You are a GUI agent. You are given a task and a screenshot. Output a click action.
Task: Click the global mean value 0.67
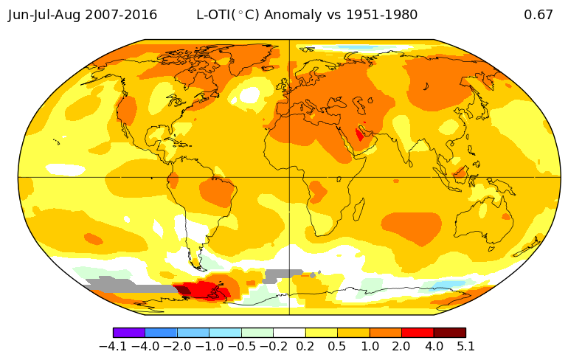point(538,15)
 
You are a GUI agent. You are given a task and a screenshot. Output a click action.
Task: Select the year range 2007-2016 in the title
point(121,15)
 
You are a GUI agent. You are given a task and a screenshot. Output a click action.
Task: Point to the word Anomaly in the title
point(292,15)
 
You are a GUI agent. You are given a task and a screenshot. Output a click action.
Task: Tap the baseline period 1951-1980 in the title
point(382,15)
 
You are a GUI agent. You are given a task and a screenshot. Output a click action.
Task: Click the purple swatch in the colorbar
point(129,333)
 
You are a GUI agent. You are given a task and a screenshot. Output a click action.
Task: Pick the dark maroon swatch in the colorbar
point(449,333)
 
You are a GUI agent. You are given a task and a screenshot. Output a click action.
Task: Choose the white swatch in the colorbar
point(289,333)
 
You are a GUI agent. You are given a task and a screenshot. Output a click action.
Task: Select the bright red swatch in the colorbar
point(418,333)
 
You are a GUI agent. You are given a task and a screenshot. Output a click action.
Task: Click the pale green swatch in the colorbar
point(257,333)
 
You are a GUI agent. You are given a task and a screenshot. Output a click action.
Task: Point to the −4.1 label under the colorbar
point(113,346)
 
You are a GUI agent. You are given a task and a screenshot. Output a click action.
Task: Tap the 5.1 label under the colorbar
point(465,346)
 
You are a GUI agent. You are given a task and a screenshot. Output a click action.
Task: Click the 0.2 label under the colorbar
point(305,346)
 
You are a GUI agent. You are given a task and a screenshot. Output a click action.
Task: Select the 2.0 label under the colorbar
point(401,346)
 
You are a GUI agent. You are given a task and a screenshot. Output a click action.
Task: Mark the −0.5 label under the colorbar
point(241,346)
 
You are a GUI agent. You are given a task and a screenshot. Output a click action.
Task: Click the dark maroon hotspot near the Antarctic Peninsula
point(183,290)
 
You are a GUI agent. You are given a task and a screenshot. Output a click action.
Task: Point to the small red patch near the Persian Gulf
point(360,135)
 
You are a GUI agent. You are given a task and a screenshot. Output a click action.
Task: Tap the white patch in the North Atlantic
point(250,94)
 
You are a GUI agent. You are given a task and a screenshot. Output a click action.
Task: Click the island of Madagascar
point(359,210)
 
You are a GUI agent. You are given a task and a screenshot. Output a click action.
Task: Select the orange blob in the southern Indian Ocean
point(412,226)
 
